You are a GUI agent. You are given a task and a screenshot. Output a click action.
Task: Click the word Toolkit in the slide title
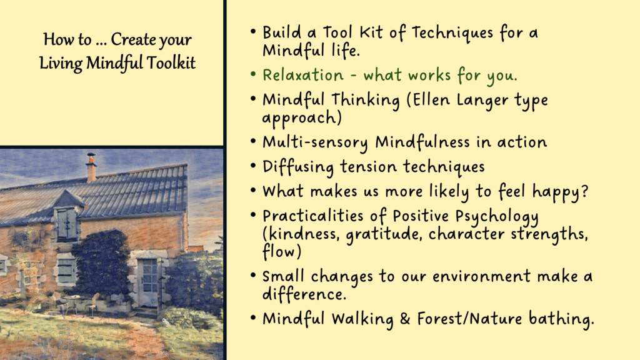pos(171,63)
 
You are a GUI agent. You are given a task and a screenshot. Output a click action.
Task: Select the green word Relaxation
pos(303,76)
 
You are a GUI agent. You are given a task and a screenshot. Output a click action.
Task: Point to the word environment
pos(482,277)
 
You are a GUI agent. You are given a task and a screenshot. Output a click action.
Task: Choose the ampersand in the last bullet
pos(404,319)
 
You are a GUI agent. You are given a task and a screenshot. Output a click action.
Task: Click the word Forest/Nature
pos(469,318)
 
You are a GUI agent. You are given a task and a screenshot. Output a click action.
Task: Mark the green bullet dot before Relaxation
pos(254,75)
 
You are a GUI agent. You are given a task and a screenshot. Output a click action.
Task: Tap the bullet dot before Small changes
pos(254,276)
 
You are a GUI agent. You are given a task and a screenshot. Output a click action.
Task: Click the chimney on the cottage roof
pos(91,169)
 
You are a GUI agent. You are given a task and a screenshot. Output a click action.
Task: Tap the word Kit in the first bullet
pos(371,33)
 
